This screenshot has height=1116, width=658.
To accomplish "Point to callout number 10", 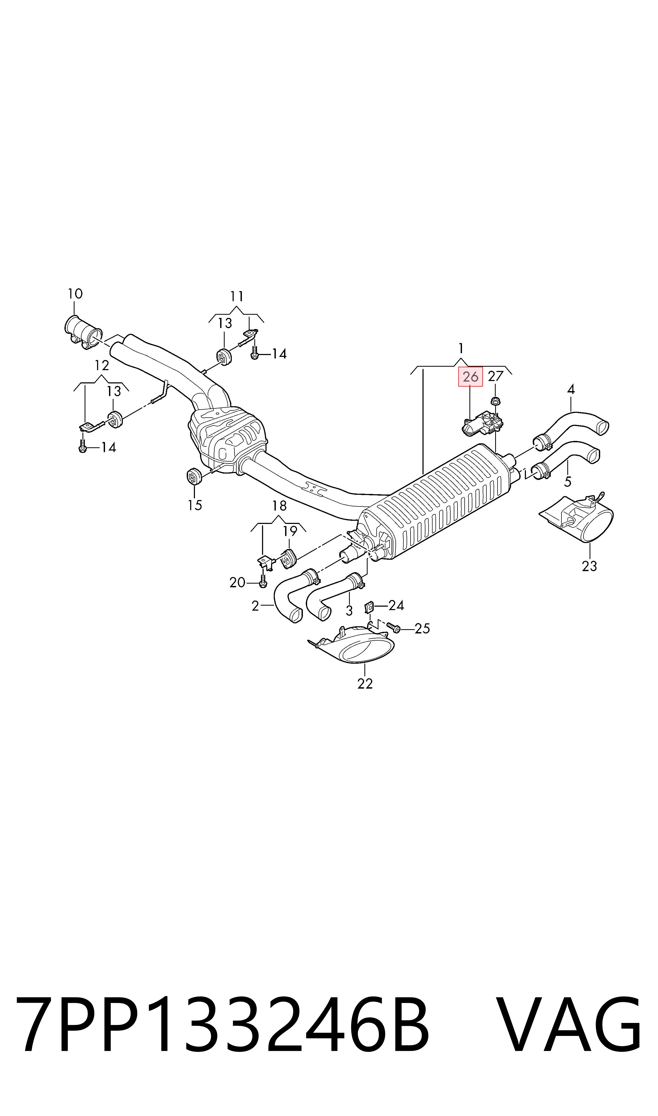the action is coord(75,294).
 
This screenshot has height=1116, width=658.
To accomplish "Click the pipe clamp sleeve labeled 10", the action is coord(83,332).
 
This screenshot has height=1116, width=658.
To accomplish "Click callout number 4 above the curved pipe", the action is coord(571,389).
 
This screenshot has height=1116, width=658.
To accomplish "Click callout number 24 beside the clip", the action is coord(396,605).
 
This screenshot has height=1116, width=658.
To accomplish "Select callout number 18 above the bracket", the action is coord(279,506).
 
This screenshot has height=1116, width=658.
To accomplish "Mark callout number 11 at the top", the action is coord(237,296).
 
